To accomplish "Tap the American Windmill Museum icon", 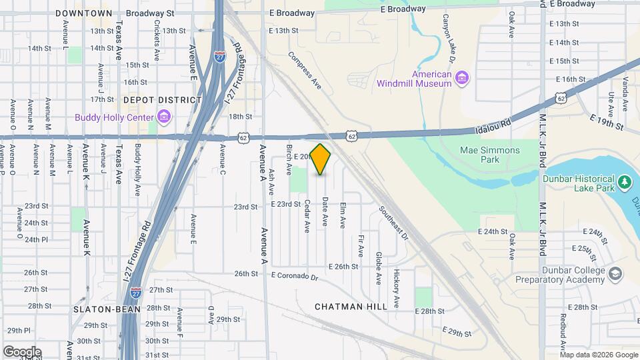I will pos(461,79).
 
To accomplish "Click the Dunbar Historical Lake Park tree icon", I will pos(625,182).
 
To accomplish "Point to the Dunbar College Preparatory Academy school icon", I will pos(615,275).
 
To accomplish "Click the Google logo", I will pos(21,352).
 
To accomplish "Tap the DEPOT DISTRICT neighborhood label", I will pos(162,100).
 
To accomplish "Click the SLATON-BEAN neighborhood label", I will pos(107,309).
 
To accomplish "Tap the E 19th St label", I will pos(606,121).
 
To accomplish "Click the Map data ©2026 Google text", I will pos(599,354).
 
